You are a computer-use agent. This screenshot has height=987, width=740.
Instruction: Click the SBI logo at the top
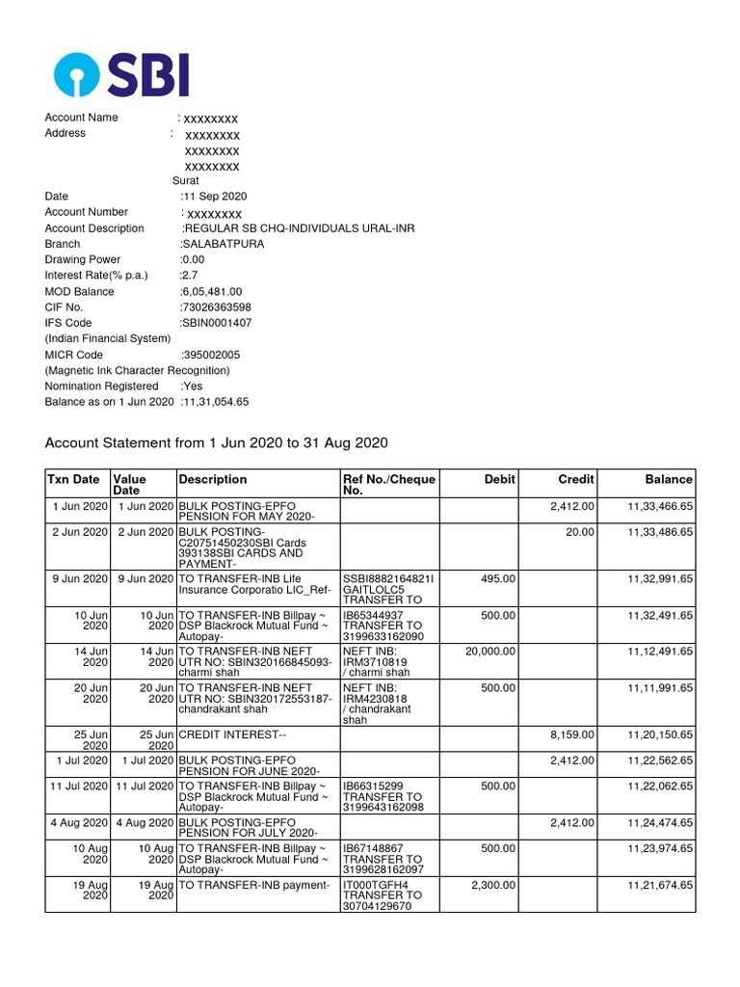(x=121, y=74)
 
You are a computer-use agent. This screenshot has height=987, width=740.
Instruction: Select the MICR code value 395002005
(x=212, y=355)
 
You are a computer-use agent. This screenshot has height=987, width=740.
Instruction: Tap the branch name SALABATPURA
(x=223, y=244)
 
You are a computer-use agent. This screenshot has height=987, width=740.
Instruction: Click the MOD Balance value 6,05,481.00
(x=212, y=291)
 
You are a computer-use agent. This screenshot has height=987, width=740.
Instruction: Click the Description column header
(x=213, y=479)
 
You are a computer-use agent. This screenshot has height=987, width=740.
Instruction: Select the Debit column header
(x=500, y=479)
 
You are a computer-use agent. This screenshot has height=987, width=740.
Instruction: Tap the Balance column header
(x=669, y=479)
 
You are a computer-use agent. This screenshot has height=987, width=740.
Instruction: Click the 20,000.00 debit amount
(x=490, y=652)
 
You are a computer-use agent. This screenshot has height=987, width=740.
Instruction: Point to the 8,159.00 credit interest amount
(x=572, y=734)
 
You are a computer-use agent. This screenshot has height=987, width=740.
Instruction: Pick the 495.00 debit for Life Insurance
(x=498, y=578)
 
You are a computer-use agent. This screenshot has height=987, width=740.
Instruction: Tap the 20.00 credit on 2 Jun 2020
(x=580, y=532)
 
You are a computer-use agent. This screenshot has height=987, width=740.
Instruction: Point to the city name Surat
(x=186, y=180)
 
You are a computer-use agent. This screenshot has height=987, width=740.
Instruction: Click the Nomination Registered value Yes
(x=191, y=386)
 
